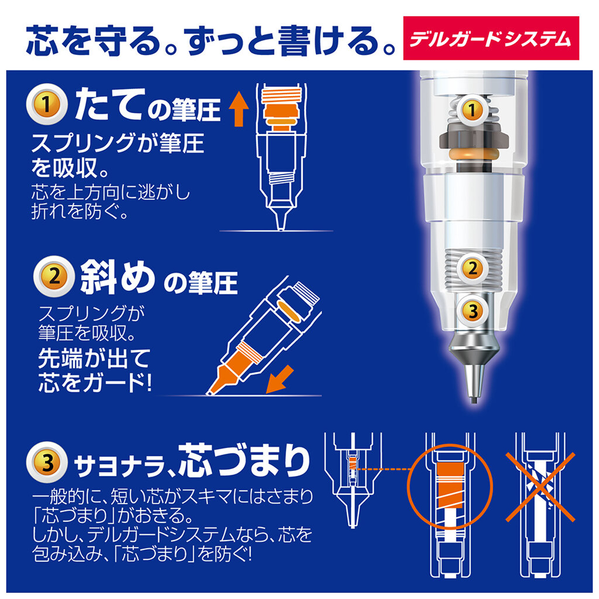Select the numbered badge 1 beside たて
tap(46, 105)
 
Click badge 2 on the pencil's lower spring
tap(472, 269)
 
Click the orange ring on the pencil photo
tap(472, 154)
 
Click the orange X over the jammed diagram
tap(541, 487)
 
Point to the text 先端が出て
tap(94, 358)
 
